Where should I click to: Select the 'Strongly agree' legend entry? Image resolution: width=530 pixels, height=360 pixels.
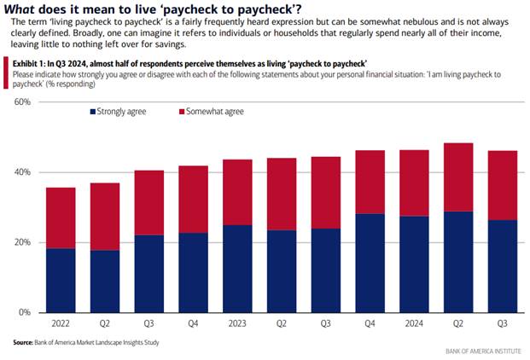coord(119,112)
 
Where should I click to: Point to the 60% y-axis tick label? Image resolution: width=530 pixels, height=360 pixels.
coord(22,102)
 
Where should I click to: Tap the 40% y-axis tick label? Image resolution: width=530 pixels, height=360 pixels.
coord(22,172)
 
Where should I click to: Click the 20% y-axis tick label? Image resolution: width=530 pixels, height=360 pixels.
coord(22,242)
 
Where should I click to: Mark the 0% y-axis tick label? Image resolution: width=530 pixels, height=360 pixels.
coord(25,312)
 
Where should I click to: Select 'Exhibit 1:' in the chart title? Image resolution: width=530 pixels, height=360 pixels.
coord(28,62)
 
